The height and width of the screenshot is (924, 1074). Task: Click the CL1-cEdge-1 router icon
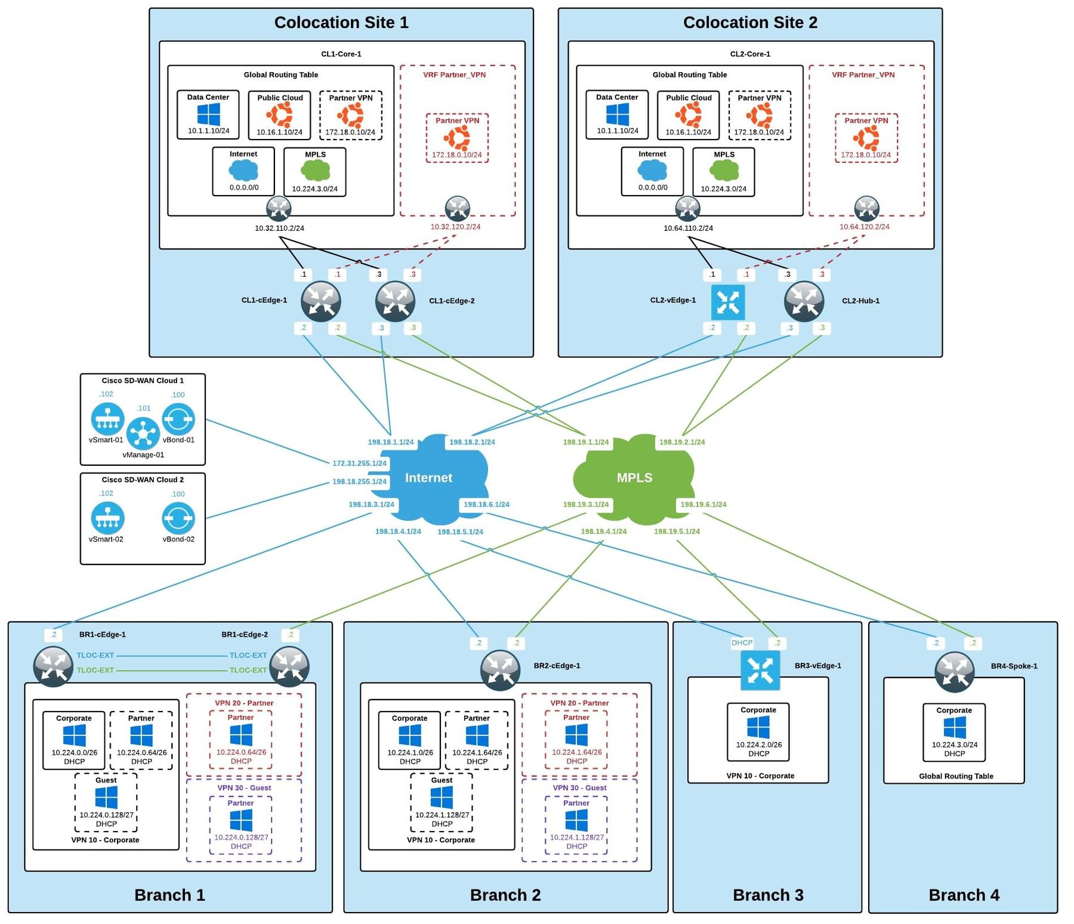click(x=320, y=301)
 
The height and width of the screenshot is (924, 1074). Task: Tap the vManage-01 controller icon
click(x=143, y=432)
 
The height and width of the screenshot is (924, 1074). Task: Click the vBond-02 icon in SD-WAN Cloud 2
click(x=178, y=518)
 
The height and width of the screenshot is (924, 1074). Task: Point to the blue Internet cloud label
click(x=428, y=478)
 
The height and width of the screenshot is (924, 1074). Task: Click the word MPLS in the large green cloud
click(x=634, y=478)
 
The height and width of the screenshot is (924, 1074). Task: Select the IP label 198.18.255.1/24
click(x=359, y=481)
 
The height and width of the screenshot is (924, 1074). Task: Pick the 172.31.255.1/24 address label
click(x=359, y=463)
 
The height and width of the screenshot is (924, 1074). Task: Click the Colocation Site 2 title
click(x=750, y=23)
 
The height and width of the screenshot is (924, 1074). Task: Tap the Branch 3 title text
click(x=768, y=895)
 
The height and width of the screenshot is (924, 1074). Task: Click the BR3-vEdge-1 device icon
click(x=760, y=670)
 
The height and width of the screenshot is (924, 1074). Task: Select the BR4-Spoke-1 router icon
click(x=954, y=672)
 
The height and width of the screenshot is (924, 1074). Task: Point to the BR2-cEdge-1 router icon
click(x=500, y=670)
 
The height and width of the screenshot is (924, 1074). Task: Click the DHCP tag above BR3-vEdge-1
click(x=742, y=642)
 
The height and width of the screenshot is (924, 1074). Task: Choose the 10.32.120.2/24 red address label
click(x=455, y=227)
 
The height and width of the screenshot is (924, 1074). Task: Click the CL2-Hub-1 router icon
click(x=804, y=301)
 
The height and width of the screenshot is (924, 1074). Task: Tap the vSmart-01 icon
click(x=107, y=419)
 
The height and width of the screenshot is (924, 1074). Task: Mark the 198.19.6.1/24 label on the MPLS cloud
click(x=703, y=504)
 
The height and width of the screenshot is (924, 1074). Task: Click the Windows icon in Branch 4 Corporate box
click(x=954, y=728)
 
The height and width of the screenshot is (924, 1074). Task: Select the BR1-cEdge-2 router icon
click(x=289, y=666)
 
